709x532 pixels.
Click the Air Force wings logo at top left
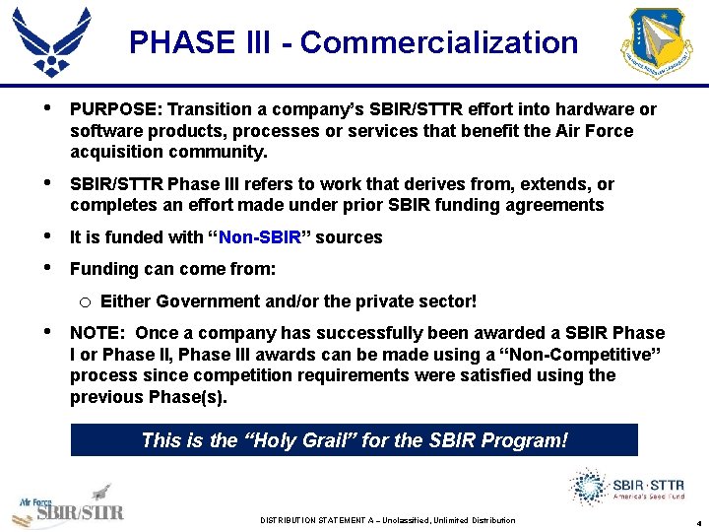pos(52,41)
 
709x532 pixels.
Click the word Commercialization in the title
pos(439,42)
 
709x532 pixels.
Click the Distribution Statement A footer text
pos(387,520)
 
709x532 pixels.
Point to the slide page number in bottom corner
pos(698,521)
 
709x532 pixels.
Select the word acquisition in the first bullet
pos(112,153)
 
